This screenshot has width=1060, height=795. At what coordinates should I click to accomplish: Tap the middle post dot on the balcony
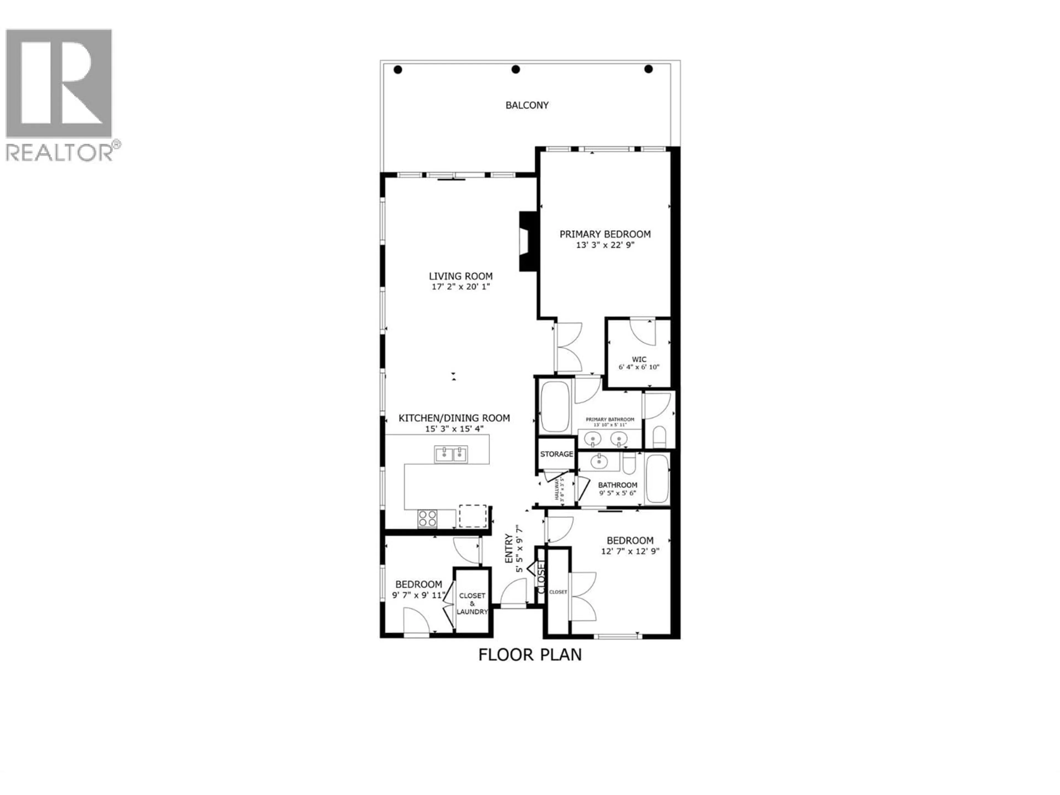[516, 70]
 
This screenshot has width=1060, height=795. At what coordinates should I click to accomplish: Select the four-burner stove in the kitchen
[427, 518]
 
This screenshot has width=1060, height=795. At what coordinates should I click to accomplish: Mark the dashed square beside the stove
[473, 516]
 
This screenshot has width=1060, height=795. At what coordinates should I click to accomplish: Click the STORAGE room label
[556, 454]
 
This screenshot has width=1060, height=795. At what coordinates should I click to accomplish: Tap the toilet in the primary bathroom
[659, 436]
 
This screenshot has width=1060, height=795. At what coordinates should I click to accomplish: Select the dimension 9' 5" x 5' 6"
[617, 493]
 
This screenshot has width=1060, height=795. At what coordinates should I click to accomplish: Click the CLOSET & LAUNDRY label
[472, 603]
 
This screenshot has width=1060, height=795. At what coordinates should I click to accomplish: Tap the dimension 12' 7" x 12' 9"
[630, 551]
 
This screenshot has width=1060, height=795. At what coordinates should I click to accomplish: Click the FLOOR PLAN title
[530, 654]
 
